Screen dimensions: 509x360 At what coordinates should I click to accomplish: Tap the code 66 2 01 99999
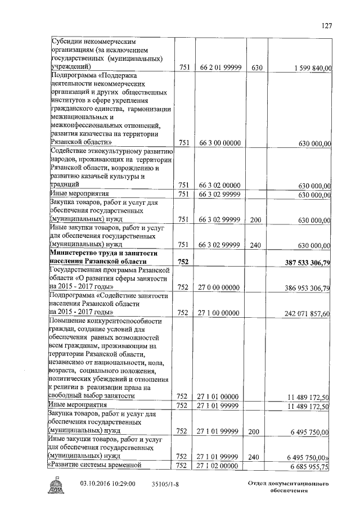220,68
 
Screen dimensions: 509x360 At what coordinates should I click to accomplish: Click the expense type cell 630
257,68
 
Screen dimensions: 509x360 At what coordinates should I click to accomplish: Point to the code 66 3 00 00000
220,143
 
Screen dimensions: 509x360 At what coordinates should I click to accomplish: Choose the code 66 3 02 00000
220,185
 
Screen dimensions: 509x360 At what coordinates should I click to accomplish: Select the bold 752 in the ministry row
183,262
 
